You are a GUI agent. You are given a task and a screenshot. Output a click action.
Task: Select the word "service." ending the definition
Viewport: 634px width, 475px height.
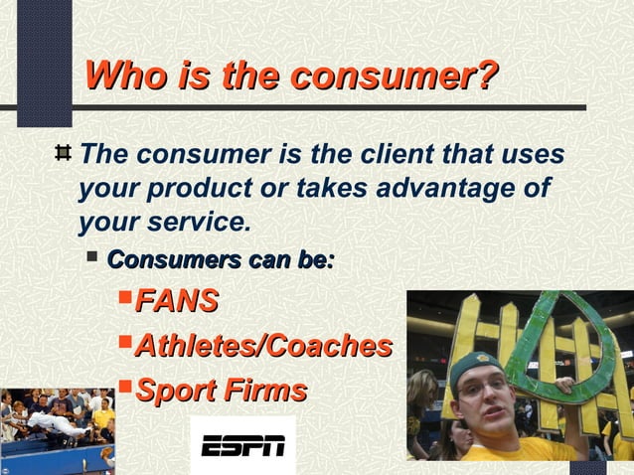coord(203,221)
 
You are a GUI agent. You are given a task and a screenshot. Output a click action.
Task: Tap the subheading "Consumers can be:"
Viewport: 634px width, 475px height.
coord(220,260)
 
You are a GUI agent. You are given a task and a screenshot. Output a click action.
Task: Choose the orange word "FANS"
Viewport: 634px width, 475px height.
coord(176,300)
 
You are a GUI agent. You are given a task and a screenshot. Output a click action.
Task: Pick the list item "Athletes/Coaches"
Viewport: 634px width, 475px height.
coord(262,346)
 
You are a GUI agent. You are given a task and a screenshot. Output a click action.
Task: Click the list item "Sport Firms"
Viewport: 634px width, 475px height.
coord(220,391)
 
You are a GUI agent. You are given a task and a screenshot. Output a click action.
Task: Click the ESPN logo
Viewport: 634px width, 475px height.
coord(242,447)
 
